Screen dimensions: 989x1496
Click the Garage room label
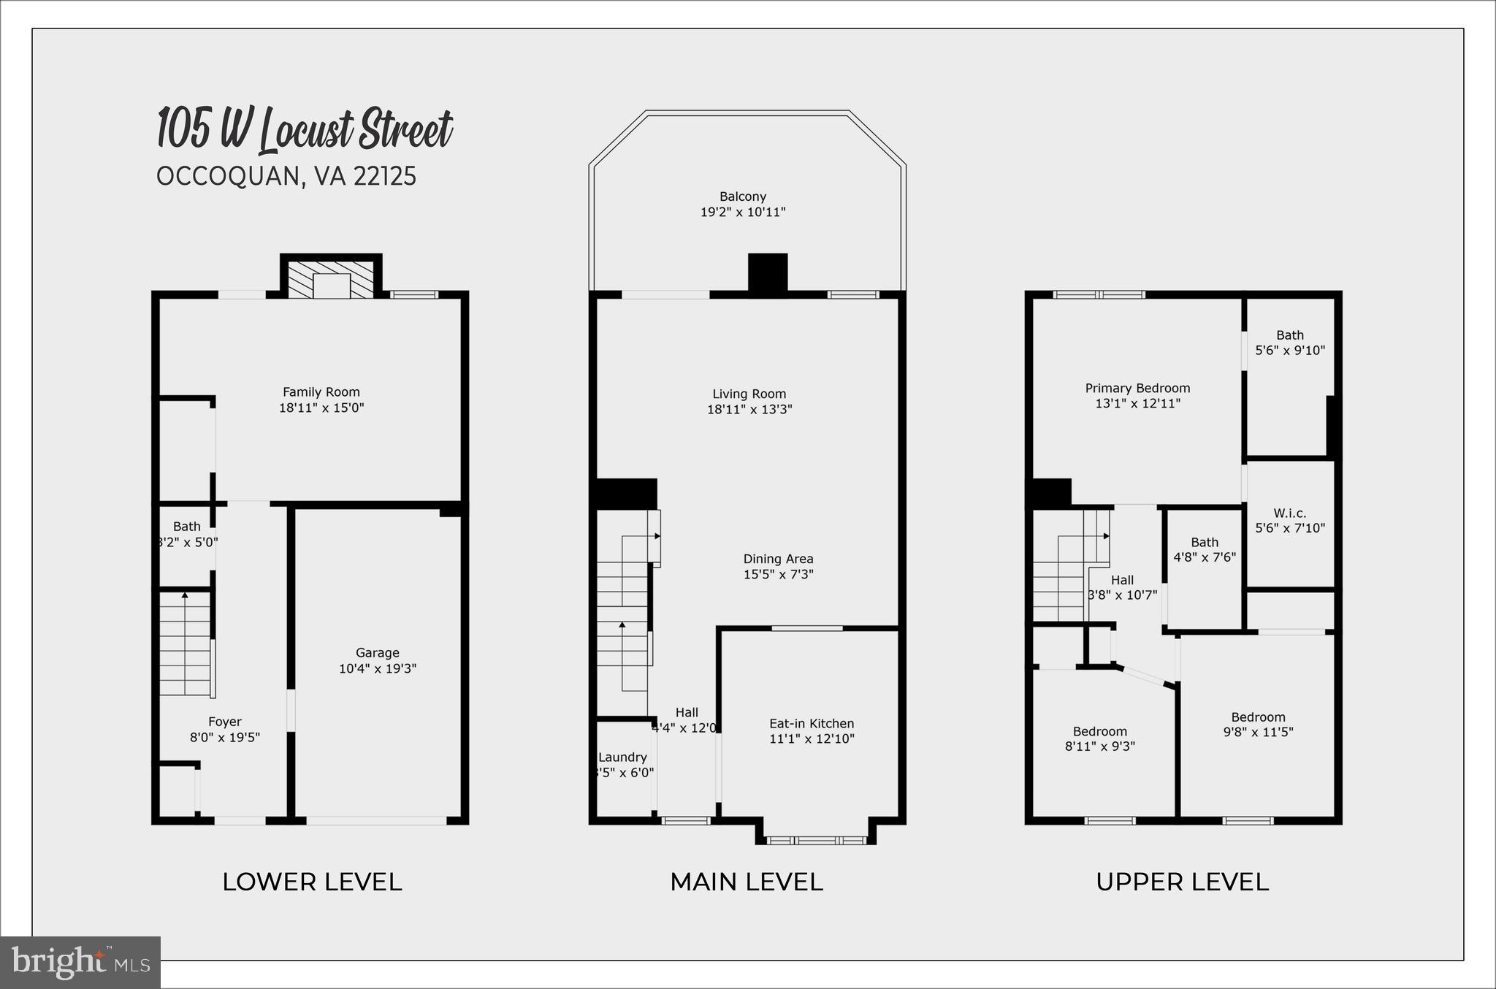[377, 653]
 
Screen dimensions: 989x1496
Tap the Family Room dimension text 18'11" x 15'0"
[321, 408]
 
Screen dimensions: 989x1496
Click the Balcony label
[743, 196]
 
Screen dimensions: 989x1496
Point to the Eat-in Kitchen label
[812, 723]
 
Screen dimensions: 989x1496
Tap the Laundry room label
[622, 757]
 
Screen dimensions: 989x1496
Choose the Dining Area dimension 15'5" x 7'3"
[778, 575]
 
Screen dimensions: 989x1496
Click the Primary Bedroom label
[1137, 389]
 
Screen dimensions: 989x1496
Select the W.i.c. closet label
[1289, 513]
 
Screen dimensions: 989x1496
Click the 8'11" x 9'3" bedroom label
[1099, 739]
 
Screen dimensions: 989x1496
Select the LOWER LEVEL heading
[312, 882]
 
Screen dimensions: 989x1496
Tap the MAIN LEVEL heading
[746, 882]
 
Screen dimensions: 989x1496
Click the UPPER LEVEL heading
[1182, 882]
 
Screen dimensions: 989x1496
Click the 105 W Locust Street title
[305, 130]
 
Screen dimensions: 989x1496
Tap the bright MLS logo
[80, 962]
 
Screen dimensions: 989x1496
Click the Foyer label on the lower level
[224, 722]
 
